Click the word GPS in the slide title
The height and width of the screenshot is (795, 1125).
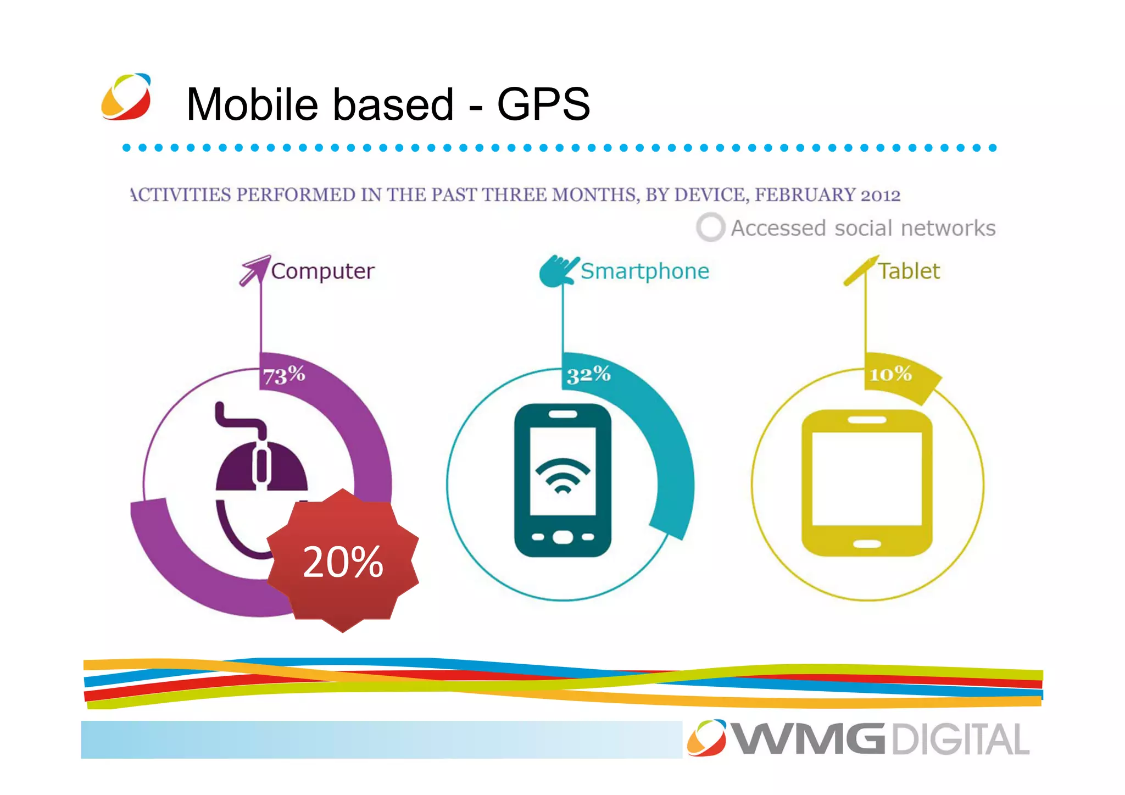543,104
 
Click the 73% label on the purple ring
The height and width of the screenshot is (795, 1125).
283,375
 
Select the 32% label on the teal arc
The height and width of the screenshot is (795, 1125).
588,375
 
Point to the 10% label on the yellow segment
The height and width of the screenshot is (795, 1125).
890,375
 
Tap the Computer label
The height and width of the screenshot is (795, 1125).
323,271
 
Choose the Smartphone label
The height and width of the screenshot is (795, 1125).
645,271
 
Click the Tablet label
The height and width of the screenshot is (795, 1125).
909,271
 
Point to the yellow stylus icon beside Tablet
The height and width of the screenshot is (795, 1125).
861,270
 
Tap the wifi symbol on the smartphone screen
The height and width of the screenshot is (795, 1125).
562,476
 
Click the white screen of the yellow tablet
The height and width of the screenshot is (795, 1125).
867,479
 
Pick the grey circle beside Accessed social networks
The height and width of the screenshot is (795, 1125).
710,227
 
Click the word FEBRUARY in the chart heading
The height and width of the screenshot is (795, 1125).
805,195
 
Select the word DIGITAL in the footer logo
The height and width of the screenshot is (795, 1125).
961,740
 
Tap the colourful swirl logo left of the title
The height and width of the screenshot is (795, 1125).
126,97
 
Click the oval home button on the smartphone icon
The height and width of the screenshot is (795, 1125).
562,537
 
